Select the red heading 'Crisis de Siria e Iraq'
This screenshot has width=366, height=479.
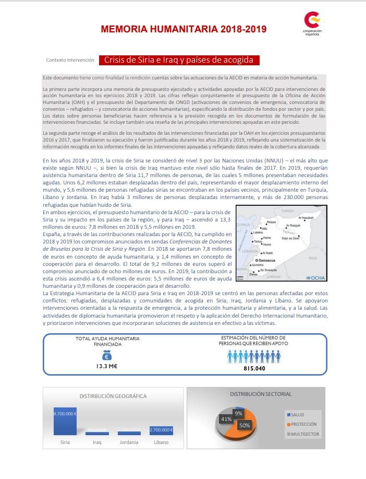pyautogui.click(x=178, y=60)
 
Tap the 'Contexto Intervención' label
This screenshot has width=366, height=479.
pyautogui.click(x=70, y=61)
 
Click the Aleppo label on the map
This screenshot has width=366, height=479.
pyautogui.click(x=271, y=222)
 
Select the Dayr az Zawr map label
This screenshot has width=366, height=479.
pyautogui.click(x=305, y=238)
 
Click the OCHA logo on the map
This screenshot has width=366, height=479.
pyautogui.click(x=316, y=277)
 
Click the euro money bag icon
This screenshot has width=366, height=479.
pyautogui.click(x=106, y=355)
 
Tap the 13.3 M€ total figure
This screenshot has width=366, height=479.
pyautogui.click(x=106, y=367)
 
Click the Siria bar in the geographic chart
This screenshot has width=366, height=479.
pyautogui.click(x=65, y=421)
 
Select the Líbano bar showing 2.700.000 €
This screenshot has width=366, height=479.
pyautogui.click(x=161, y=431)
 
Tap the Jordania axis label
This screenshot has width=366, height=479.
pyautogui.click(x=128, y=442)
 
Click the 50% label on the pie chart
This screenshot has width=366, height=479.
pyautogui.click(x=244, y=426)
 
